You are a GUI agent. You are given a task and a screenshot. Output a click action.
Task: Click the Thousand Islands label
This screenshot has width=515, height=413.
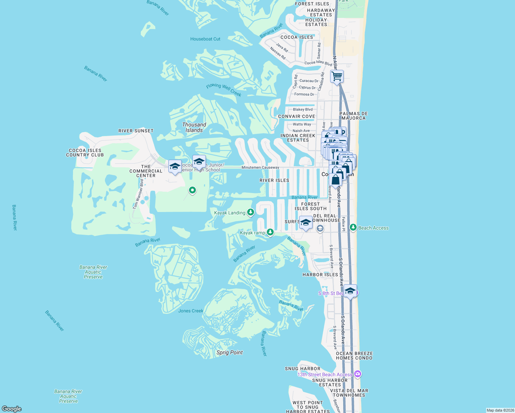click(x=194, y=127)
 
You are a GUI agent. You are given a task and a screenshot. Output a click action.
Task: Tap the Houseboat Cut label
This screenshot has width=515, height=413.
click(x=205, y=39)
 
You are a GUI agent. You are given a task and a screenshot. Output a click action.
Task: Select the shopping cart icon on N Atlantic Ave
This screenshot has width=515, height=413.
click(x=337, y=76)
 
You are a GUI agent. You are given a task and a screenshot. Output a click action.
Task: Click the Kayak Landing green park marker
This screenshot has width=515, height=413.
click(x=251, y=212)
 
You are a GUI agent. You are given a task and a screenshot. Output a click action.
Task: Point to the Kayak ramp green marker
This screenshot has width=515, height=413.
click(x=270, y=232)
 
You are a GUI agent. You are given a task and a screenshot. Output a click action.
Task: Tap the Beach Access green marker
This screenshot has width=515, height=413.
click(x=353, y=227)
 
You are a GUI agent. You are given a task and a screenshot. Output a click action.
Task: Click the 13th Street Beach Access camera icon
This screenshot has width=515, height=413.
click(x=358, y=374)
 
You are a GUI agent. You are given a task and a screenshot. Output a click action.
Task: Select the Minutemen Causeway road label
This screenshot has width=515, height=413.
click(x=260, y=168)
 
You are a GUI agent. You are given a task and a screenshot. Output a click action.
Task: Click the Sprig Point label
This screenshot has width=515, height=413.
click(x=230, y=352)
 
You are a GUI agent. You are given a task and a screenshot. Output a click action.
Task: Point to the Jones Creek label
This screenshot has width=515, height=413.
click(x=191, y=311)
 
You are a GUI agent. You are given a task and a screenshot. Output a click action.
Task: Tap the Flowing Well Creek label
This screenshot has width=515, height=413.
click(x=224, y=90)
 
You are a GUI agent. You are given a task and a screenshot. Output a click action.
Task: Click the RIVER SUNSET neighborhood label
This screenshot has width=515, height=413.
click(x=136, y=131)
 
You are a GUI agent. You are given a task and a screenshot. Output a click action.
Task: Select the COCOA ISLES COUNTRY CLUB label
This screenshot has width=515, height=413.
click(x=85, y=153)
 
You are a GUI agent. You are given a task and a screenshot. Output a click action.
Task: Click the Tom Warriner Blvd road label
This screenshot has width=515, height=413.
click(x=138, y=194)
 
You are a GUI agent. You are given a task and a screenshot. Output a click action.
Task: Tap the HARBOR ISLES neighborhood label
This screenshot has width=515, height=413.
click(x=320, y=275)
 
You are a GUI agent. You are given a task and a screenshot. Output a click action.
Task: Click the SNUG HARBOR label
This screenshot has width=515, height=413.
click(x=303, y=369)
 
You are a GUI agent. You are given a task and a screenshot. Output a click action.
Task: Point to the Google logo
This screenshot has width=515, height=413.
click(x=12, y=409)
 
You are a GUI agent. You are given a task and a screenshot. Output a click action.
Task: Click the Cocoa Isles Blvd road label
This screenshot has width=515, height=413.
click(x=318, y=63)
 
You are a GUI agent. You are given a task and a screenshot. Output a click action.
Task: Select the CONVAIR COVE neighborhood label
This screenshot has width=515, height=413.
click(x=296, y=116)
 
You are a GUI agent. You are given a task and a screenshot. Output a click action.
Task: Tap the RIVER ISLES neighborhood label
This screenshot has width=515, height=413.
click(x=274, y=180)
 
